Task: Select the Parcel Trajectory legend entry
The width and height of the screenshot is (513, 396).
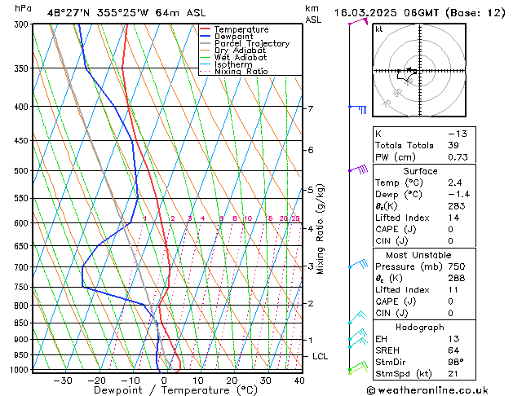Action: coord(251,44)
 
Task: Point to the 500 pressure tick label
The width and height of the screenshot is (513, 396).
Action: coord(22,171)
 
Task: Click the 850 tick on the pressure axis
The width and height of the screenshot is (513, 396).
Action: coord(22,323)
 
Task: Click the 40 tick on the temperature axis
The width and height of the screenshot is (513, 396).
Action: coord(299,381)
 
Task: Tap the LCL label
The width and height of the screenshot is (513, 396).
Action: coord(321,356)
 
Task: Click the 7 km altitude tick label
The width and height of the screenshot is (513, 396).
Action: coord(310,108)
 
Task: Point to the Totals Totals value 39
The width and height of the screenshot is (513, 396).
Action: coord(453,145)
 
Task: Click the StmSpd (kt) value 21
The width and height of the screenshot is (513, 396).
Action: coord(456,373)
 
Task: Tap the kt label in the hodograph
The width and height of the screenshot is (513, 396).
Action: coord(379,29)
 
